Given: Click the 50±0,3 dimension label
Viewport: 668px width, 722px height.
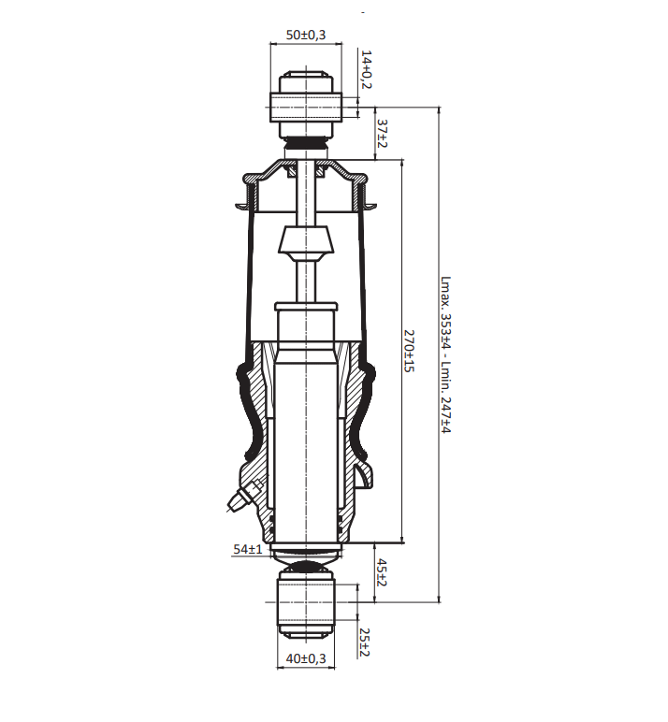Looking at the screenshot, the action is pos(305,35).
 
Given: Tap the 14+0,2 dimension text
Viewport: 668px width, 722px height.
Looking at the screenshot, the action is pos(366,69).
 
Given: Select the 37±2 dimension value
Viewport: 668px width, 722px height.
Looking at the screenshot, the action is pos(382,134).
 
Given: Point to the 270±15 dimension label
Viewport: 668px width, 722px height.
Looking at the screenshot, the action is pos(409,351).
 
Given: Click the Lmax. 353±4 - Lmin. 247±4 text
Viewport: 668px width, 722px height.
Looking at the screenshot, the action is pos(445,354).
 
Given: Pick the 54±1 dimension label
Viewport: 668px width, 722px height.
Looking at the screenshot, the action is pos(247,549).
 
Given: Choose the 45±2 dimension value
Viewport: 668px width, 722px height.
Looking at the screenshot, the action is pos(381,572).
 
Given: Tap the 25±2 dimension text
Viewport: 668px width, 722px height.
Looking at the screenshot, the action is pos(364,643).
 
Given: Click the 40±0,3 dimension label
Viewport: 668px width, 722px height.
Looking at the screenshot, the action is pos(305,658).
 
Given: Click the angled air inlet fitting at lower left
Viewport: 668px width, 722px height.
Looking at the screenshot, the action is pos(240,497).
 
